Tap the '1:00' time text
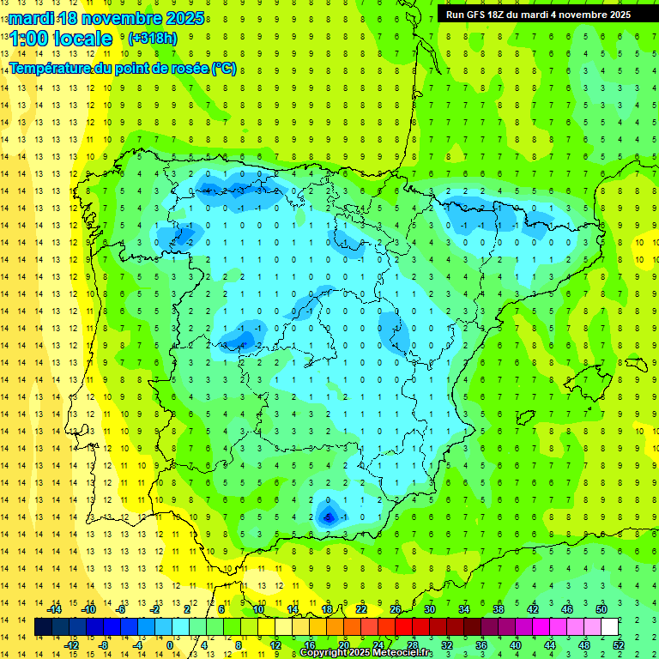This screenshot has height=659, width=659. pyautogui.click(x=29, y=39)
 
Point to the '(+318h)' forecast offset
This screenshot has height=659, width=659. pyautogui.click(x=152, y=39)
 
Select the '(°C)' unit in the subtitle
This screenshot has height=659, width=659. pyautogui.click(x=223, y=69)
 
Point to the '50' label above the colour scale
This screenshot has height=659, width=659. pyautogui.click(x=602, y=609)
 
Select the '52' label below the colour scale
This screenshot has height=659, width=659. pyautogui.click(x=619, y=644)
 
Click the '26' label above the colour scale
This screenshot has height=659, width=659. pyautogui.click(x=396, y=609)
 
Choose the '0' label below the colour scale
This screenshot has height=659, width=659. pyautogui.click(x=169, y=644)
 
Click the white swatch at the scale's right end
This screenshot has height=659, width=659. pyautogui.click(x=610, y=626)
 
